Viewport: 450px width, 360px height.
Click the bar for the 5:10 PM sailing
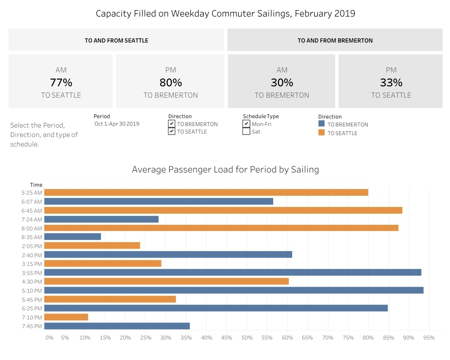pos(234,290)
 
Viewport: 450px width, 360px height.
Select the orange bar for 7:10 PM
pos(66,317)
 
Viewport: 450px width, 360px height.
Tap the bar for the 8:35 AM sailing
pos(73,237)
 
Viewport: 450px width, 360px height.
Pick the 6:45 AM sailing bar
pos(223,210)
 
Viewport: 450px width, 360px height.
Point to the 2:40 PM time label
pos(33,255)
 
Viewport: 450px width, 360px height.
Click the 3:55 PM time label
pos(33,273)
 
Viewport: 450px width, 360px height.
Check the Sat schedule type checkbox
pos(246,132)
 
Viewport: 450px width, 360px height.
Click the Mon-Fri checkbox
pos(246,124)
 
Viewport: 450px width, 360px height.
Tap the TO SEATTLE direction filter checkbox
pos(171,132)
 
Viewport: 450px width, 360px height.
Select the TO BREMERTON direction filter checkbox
pos(171,124)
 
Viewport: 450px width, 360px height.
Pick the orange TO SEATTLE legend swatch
pos(322,133)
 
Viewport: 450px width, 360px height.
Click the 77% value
pos(61,83)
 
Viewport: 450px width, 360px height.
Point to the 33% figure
pos(391,83)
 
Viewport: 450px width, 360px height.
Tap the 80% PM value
pos(171,83)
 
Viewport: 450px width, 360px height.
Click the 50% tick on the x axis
pos(247,338)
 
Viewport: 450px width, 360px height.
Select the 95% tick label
pos(429,338)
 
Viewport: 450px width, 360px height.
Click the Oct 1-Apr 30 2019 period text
pos(117,124)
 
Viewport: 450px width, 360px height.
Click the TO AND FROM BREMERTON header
pos(335,40)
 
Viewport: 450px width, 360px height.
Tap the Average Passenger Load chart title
pos(225,170)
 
